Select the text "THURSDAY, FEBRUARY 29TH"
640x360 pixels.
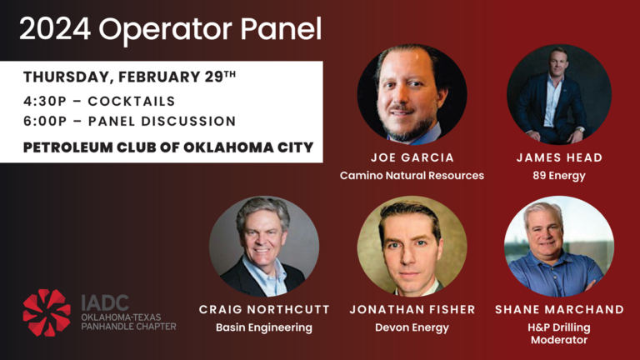tap(129, 77)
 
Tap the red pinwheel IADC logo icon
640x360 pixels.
tap(47, 312)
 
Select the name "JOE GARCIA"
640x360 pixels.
tap(412, 158)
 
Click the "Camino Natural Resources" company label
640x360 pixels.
tap(412, 176)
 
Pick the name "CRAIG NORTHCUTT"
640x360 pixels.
tap(264, 310)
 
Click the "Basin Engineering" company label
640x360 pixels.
tap(264, 327)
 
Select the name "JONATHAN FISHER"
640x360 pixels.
tap(412, 310)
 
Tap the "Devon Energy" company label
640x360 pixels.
tap(412, 327)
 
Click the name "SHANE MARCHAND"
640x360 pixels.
tap(559, 310)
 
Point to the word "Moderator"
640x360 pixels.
tap(559, 340)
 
